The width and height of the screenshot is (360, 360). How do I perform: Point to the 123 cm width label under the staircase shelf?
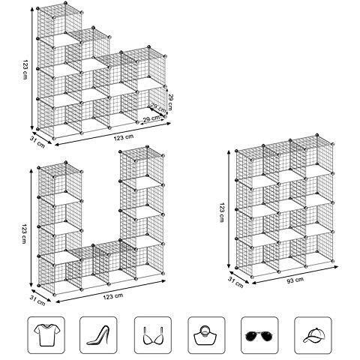pos(103,138)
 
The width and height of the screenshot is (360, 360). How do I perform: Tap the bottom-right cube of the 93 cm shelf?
pos(313,252)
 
